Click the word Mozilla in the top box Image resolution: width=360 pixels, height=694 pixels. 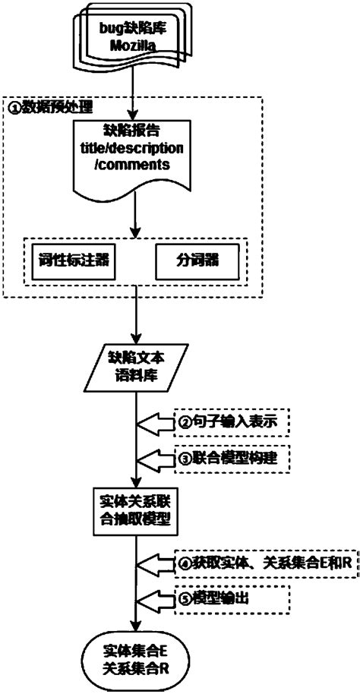[x=134, y=46]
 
